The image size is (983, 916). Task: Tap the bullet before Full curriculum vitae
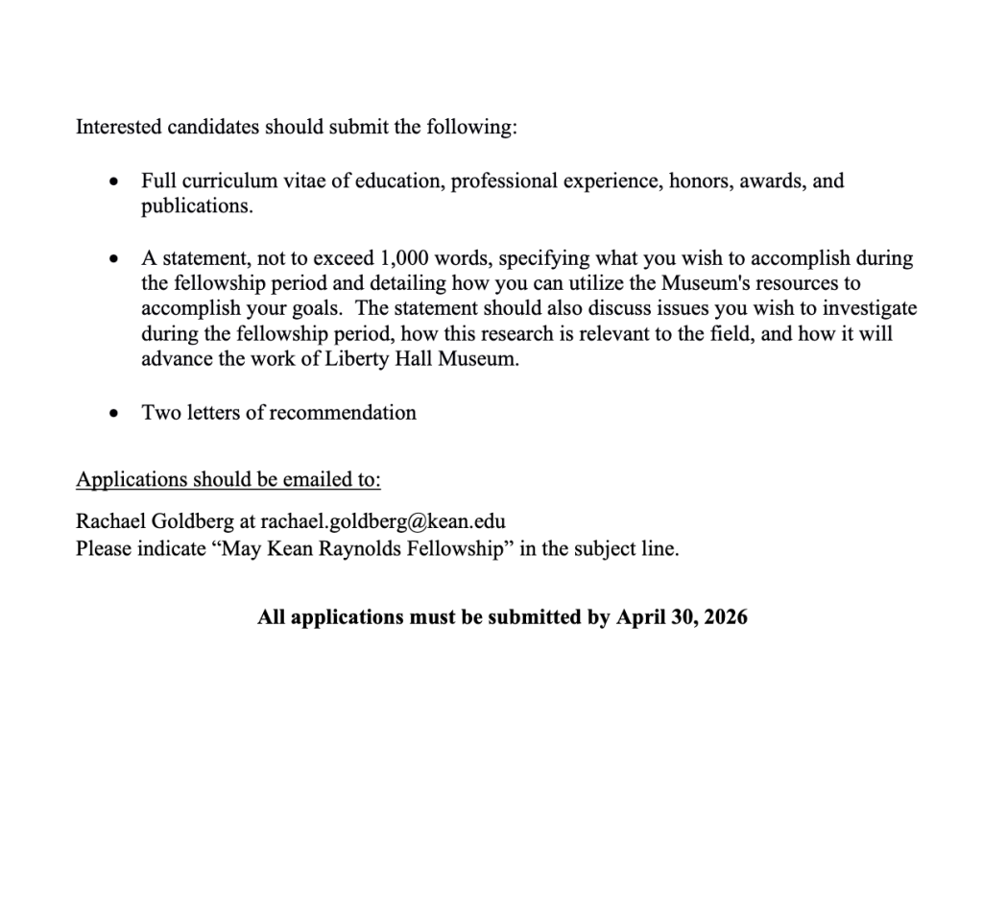tap(115, 181)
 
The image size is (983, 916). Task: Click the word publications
tap(196, 205)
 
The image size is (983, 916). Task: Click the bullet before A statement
tap(115, 258)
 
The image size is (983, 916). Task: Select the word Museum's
tap(711, 283)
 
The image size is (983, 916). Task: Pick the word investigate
tap(871, 308)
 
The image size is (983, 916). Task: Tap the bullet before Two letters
tap(115, 413)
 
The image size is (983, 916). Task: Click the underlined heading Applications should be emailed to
tap(228, 479)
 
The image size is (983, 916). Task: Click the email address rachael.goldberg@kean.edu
tap(383, 521)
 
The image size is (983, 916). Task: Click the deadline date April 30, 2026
tap(682, 617)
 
